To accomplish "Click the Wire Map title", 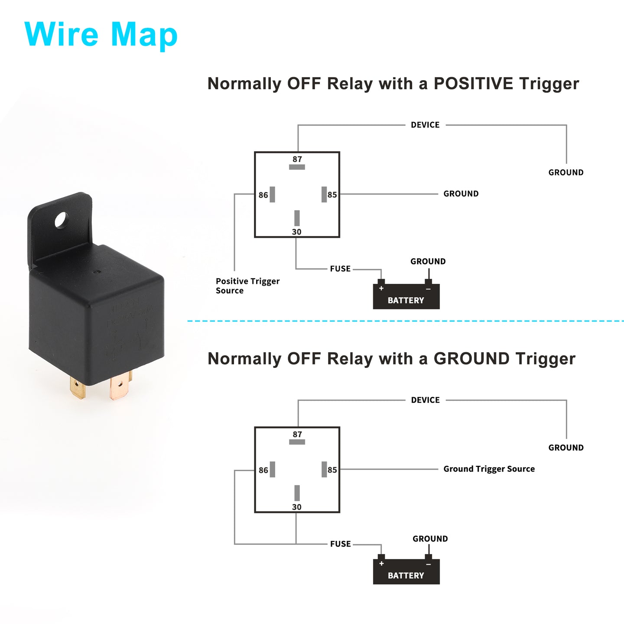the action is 101,35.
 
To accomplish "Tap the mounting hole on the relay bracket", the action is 62,220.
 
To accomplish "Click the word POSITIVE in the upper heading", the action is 473,84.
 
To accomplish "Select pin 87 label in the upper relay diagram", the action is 297,159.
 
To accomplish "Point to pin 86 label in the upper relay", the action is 263,195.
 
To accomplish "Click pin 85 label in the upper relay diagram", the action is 332,195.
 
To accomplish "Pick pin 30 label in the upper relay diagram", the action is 297,232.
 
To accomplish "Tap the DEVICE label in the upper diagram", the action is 425,125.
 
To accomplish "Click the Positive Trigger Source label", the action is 248,286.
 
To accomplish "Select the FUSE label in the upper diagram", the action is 340,269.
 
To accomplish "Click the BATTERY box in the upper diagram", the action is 406,296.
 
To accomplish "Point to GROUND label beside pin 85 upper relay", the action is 461,194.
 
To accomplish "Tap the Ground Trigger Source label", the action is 489,469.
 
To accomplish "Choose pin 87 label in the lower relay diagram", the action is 297,434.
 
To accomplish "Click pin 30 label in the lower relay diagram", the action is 297,507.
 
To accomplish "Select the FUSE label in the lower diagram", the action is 340,544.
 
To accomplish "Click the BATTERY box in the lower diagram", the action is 406,572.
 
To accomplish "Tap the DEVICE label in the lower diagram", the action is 425,400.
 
